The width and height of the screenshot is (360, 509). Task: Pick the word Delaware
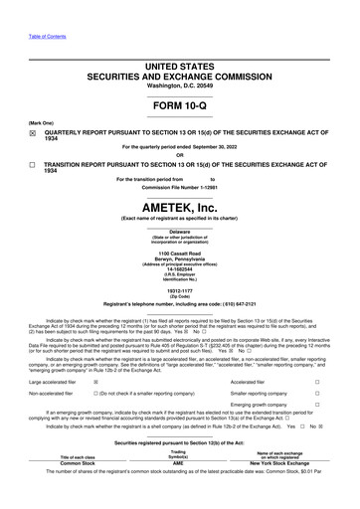(180, 232)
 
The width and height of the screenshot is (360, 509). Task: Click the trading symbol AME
(180, 491)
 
